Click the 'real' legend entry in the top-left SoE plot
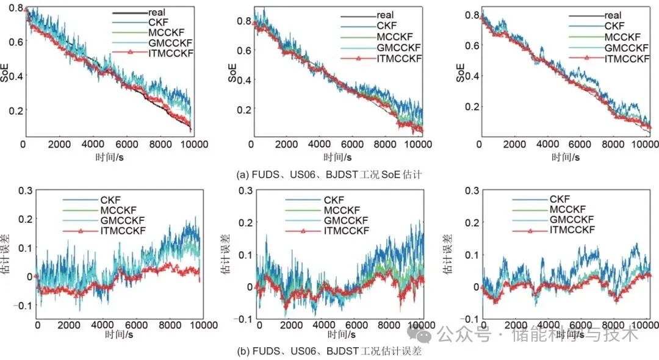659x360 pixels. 157,12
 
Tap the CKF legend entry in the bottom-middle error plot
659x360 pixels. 334,200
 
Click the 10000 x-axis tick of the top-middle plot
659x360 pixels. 418,145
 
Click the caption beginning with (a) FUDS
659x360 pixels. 329,175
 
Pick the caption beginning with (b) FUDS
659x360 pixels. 329,352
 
